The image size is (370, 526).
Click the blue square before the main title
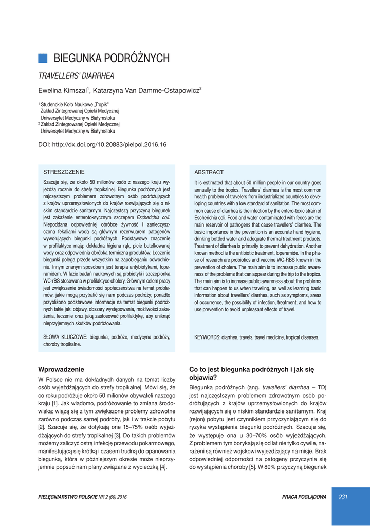tap(43, 58)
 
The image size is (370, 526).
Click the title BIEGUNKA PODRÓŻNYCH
tap(112, 59)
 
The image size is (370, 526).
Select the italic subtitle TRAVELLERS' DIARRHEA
tap(76, 76)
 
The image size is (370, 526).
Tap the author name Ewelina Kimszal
tap(63, 91)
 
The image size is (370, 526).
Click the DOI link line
tap(103, 145)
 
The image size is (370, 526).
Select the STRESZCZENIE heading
tap(64, 172)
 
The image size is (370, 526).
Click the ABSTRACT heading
tap(209, 172)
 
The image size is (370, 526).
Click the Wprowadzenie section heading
tap(61, 369)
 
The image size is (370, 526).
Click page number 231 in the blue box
tap(343, 497)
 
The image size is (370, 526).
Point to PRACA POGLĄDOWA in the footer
tap(304, 497)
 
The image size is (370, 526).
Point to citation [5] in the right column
tap(252, 467)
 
